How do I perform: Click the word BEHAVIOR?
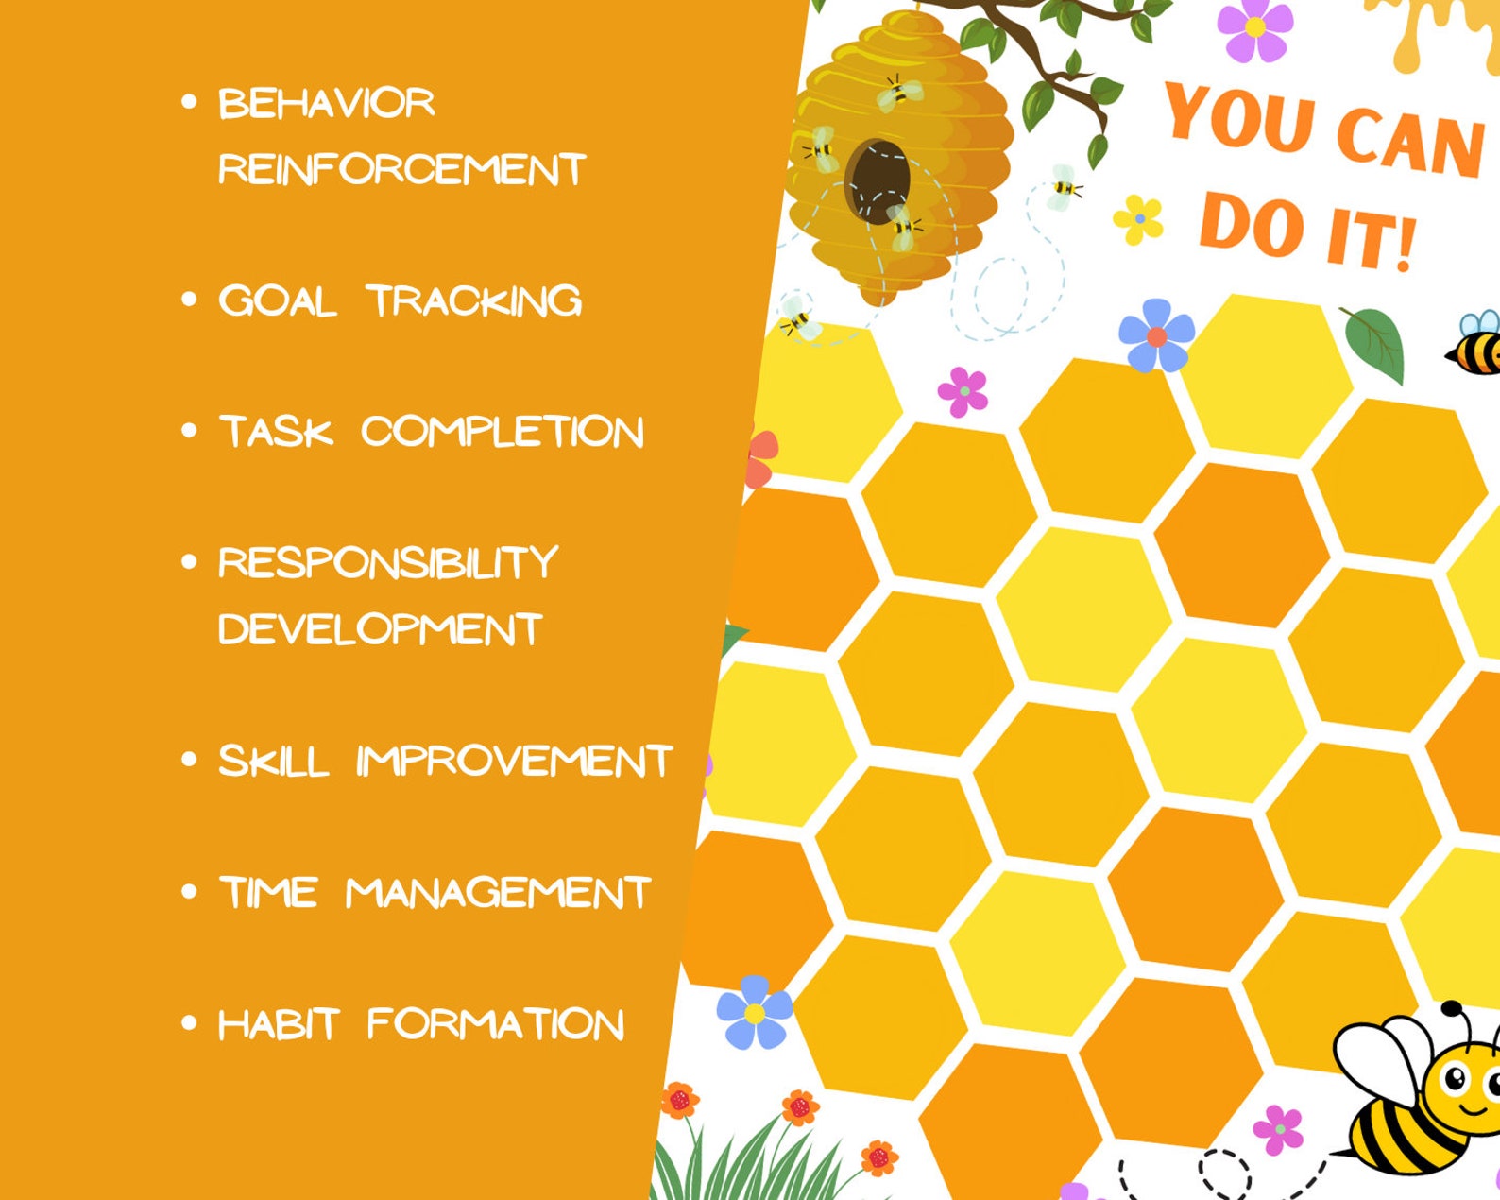tap(326, 103)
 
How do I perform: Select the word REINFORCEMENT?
tap(401, 169)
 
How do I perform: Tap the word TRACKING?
tap(473, 300)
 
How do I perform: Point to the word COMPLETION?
tap(502, 432)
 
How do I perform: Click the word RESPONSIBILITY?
tap(388, 563)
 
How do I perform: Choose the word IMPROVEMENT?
tap(514, 762)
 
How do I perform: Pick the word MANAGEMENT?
tap(498, 893)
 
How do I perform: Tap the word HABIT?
tap(278, 1024)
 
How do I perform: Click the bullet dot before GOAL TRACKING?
tap(189, 300)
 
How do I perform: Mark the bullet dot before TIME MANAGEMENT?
tap(189, 891)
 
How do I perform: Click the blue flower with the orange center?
tap(1156, 336)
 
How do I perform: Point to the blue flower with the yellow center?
tap(754, 1012)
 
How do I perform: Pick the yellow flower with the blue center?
tap(1139, 219)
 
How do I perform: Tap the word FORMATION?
tap(495, 1024)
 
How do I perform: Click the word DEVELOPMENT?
tap(380, 629)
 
